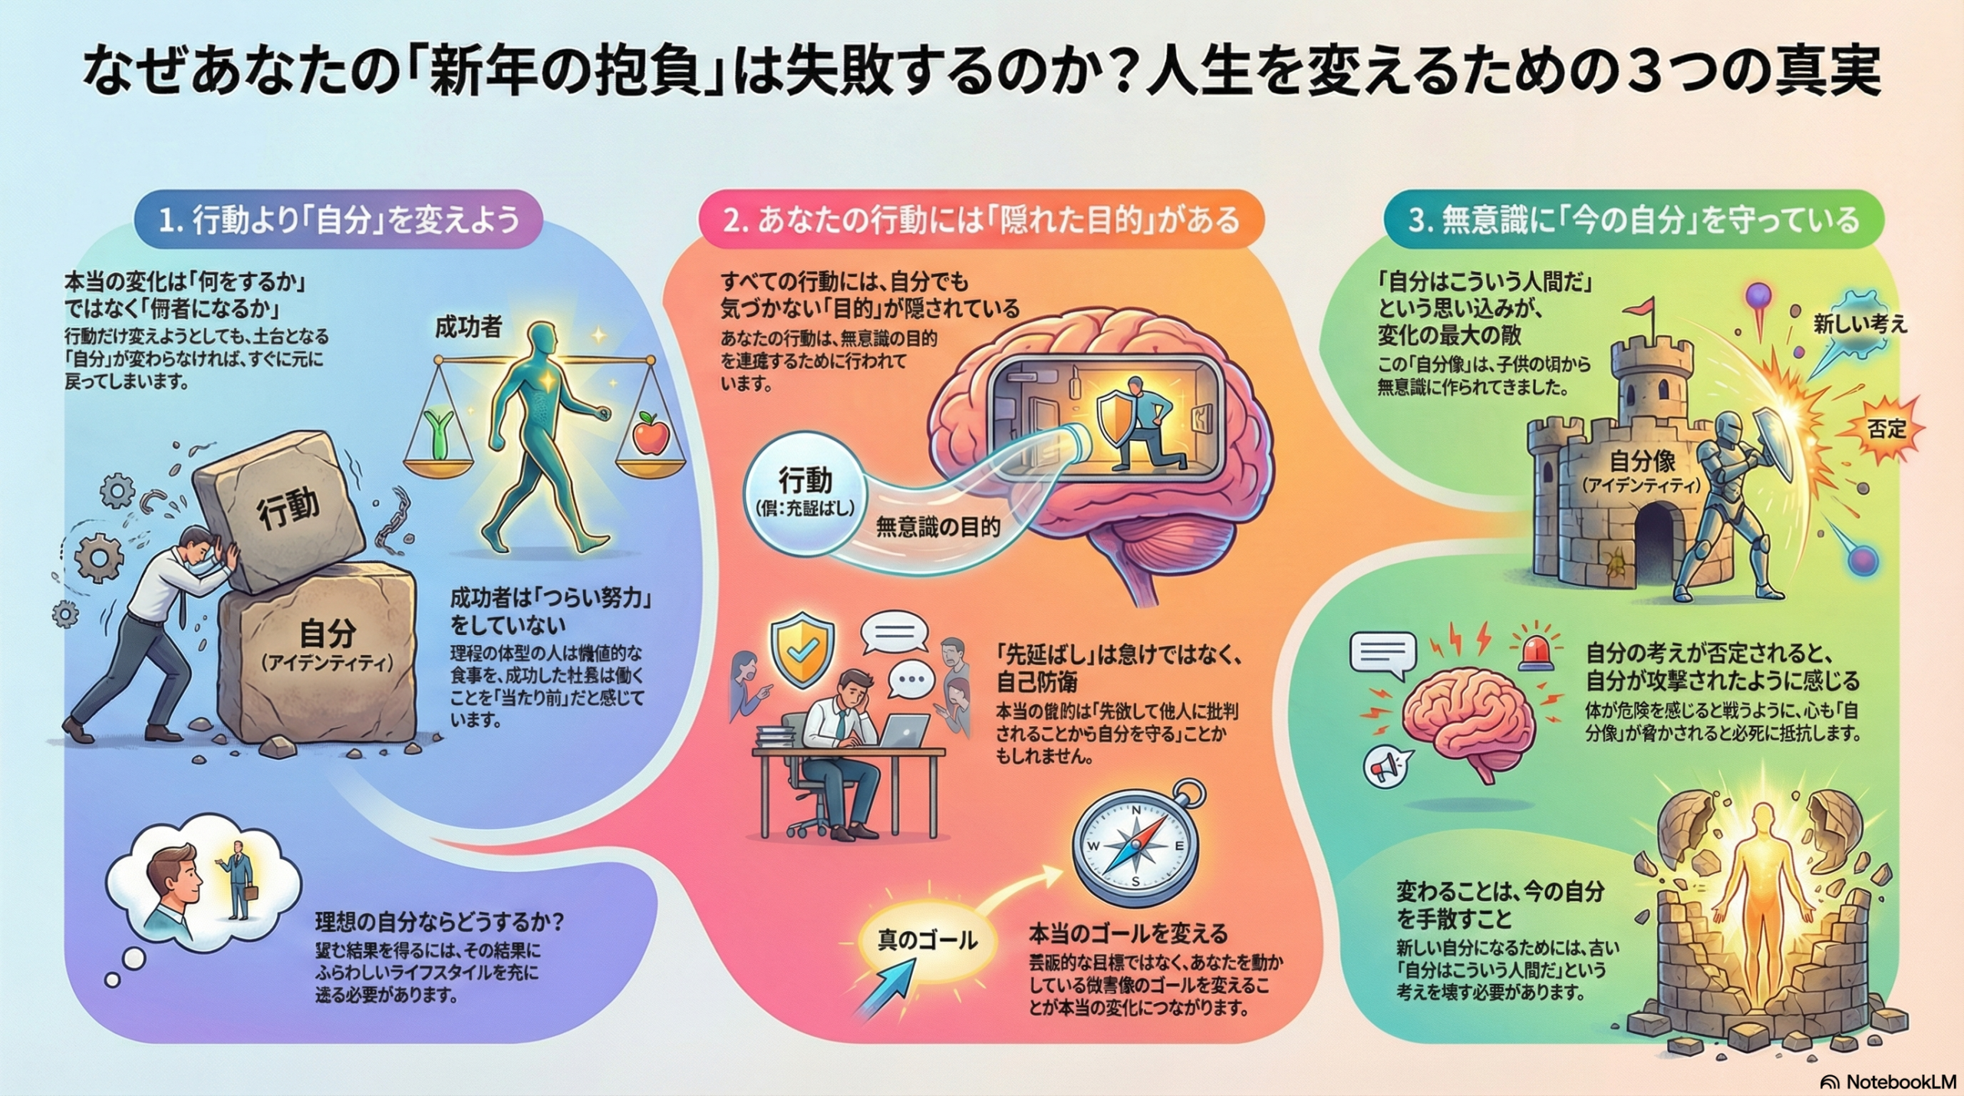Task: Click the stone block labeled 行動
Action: coord(280,510)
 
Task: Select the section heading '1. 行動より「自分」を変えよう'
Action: coord(338,220)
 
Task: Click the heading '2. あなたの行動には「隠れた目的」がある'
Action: coord(981,220)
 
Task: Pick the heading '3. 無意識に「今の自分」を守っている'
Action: coord(1633,220)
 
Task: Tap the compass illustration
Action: coord(1135,848)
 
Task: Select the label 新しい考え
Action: coord(1860,325)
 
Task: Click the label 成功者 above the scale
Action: coord(468,327)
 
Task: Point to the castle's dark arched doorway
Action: coord(1653,545)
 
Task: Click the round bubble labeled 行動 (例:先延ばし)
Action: coord(805,491)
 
